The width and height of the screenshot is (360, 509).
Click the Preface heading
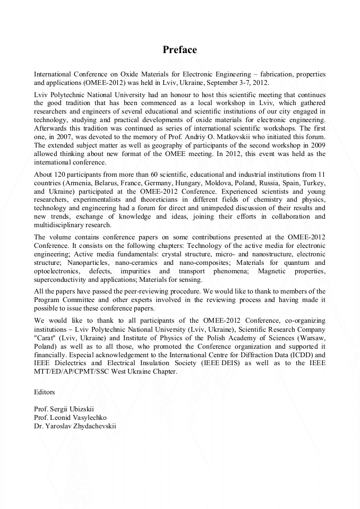click(x=179, y=50)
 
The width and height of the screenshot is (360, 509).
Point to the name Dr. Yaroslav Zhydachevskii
click(x=75, y=426)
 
